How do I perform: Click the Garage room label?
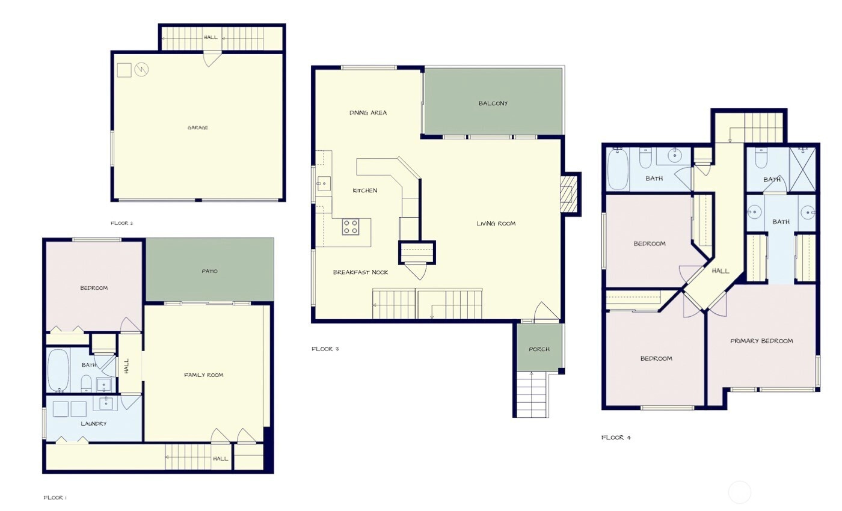pyautogui.click(x=198, y=127)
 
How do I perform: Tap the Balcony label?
pyautogui.click(x=493, y=103)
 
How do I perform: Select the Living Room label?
pyautogui.click(x=496, y=224)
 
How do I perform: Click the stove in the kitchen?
pyautogui.click(x=350, y=227)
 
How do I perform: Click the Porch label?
pyautogui.click(x=539, y=349)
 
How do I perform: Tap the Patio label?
pyautogui.click(x=209, y=271)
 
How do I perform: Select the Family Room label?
pyautogui.click(x=203, y=375)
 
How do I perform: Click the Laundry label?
pyautogui.click(x=94, y=424)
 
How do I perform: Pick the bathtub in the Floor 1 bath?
pyautogui.click(x=58, y=370)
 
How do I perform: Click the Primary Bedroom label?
pyautogui.click(x=761, y=341)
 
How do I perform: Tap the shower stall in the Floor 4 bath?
pyautogui.click(x=802, y=170)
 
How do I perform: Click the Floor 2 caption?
pyautogui.click(x=121, y=223)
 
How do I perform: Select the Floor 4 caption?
pyautogui.click(x=616, y=438)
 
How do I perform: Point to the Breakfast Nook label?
pyautogui.click(x=360, y=272)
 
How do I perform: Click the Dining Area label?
pyautogui.click(x=368, y=113)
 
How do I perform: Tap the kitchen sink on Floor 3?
pyautogui.click(x=324, y=184)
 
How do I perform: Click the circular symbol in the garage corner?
pyautogui.click(x=141, y=69)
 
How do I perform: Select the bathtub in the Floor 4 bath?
pyautogui.click(x=618, y=169)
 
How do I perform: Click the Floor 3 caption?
pyautogui.click(x=325, y=349)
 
